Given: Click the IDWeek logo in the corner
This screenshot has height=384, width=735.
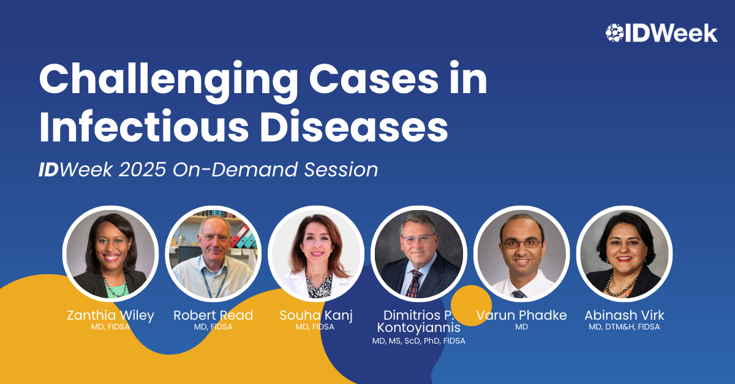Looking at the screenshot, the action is (x=661, y=33).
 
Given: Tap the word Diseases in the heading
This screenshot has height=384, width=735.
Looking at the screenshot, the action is (x=354, y=126).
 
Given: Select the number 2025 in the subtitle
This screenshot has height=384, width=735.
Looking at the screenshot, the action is (x=142, y=170).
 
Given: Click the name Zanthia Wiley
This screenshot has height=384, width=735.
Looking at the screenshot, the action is (x=111, y=315).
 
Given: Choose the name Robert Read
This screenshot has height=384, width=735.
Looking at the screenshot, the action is (x=213, y=315).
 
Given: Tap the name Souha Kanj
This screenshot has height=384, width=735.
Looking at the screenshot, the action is (x=316, y=315).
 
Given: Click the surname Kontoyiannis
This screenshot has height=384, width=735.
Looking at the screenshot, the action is (x=419, y=328).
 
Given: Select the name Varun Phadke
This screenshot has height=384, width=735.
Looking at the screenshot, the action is (x=521, y=315).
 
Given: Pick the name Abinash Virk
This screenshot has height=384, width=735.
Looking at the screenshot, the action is (x=624, y=315).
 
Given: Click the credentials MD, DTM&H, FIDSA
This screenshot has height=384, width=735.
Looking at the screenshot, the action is (x=624, y=327).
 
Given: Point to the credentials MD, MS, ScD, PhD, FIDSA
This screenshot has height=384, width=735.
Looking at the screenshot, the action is (x=419, y=341).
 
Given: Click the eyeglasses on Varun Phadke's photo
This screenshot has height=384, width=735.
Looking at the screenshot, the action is (x=521, y=244).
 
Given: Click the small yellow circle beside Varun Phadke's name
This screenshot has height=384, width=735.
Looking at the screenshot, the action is (x=471, y=305).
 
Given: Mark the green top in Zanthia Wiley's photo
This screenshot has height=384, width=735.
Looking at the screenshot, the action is (x=117, y=289).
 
